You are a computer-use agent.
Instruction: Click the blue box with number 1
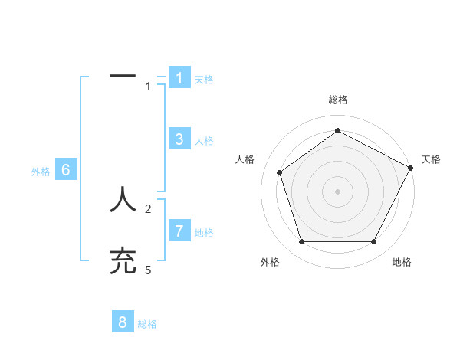(x=179, y=78)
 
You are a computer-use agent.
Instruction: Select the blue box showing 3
(x=179, y=139)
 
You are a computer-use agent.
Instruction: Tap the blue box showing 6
(x=66, y=170)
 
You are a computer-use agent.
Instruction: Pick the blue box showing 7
(x=179, y=231)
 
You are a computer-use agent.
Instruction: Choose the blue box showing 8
(x=123, y=322)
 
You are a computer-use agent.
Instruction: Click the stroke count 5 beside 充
(x=148, y=270)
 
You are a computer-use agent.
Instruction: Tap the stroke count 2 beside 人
(x=148, y=208)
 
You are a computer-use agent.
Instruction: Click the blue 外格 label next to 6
(x=41, y=172)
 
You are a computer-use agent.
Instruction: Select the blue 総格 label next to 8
(x=147, y=324)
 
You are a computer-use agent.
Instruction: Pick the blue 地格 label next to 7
(x=204, y=232)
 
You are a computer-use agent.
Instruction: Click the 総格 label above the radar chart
(x=338, y=100)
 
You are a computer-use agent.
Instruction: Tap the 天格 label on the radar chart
(x=431, y=159)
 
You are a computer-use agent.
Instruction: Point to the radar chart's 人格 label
(x=245, y=159)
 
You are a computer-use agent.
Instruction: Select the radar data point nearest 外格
(x=301, y=242)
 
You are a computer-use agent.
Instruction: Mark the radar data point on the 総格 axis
(x=337, y=130)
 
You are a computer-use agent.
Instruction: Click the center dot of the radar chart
(x=337, y=191)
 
